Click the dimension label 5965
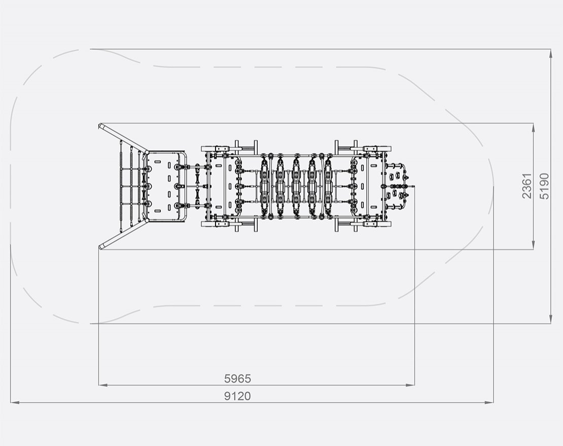(237, 379)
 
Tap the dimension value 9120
(237, 396)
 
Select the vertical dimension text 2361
(526, 186)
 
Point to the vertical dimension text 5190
(544, 186)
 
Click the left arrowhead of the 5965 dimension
(102, 385)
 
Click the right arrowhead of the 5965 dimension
(410, 385)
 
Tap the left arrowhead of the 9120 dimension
(15, 402)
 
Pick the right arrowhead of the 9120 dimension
(489, 402)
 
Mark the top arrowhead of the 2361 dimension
(533, 127)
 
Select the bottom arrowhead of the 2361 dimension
(533, 245)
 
